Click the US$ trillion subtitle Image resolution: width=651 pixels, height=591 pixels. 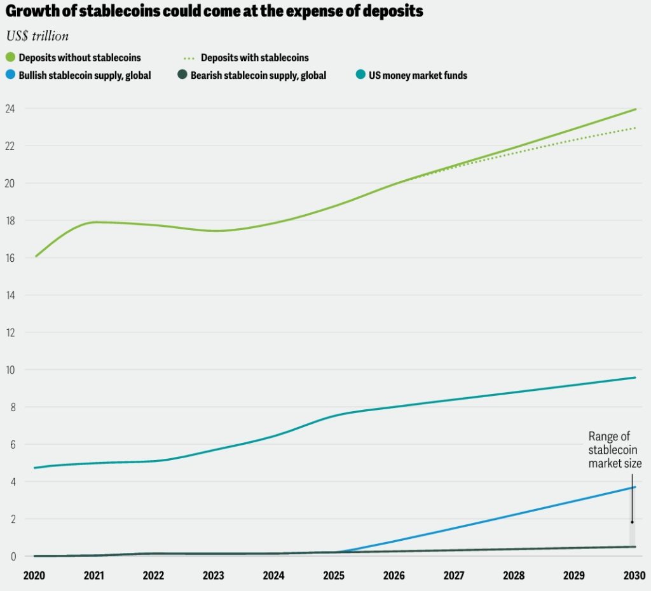(37, 36)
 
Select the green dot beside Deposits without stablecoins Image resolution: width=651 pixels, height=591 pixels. (10, 58)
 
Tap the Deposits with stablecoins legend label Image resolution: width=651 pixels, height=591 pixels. (254, 58)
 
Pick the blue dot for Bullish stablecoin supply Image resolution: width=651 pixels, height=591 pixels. (10, 75)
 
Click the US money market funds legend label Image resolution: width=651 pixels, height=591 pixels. (418, 75)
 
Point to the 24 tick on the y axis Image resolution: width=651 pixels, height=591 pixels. (10, 109)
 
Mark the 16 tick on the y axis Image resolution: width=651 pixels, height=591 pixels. (10, 258)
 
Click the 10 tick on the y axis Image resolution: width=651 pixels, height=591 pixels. (10, 370)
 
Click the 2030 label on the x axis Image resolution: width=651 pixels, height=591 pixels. (634, 576)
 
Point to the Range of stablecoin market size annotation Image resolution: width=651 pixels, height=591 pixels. (614, 450)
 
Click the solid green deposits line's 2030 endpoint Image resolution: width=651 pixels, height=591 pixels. (634, 109)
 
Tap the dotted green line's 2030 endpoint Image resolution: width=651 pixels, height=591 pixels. (634, 128)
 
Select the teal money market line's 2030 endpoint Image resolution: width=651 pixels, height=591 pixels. (634, 377)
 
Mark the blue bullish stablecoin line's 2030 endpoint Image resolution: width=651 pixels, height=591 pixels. (634, 487)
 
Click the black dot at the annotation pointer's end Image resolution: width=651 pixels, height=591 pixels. (632, 522)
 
